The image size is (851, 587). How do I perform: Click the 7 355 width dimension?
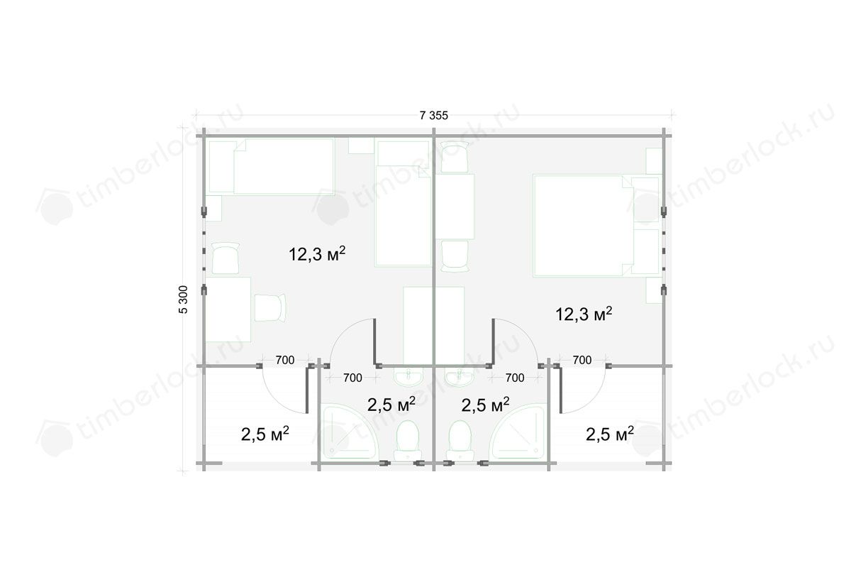click(434, 115)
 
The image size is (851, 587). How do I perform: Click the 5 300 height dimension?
click(183, 300)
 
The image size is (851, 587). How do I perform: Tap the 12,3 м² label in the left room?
click(317, 254)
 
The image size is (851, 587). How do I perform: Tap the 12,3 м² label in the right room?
click(584, 314)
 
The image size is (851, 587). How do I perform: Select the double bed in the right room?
click(583, 226)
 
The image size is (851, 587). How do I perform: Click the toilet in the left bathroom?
click(408, 441)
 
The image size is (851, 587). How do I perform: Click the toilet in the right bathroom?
click(460, 441)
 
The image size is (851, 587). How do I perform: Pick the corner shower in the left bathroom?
click(349, 432)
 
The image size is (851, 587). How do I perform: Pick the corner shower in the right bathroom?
click(518, 432)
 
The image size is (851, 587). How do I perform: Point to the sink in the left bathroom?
click(408, 377)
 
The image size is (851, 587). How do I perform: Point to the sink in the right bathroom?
click(460, 377)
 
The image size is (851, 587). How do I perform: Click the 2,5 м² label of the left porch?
click(265, 434)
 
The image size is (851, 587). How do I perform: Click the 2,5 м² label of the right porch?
click(609, 434)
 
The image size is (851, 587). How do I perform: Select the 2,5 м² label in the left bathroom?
click(391, 405)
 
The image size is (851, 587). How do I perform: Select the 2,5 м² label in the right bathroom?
click(485, 405)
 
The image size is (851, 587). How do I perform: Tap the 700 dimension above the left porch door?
click(285, 360)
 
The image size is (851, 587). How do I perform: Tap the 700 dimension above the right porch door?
click(582, 360)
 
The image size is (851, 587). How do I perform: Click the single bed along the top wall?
click(271, 167)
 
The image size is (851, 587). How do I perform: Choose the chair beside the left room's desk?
click(270, 307)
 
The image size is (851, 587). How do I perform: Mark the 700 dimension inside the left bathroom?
click(352, 378)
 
